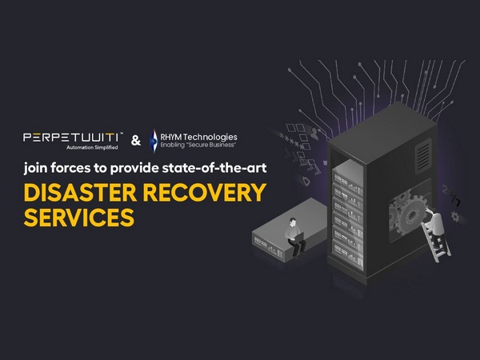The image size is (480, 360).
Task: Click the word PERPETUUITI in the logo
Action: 69,138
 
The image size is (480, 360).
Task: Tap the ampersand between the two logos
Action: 135,142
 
